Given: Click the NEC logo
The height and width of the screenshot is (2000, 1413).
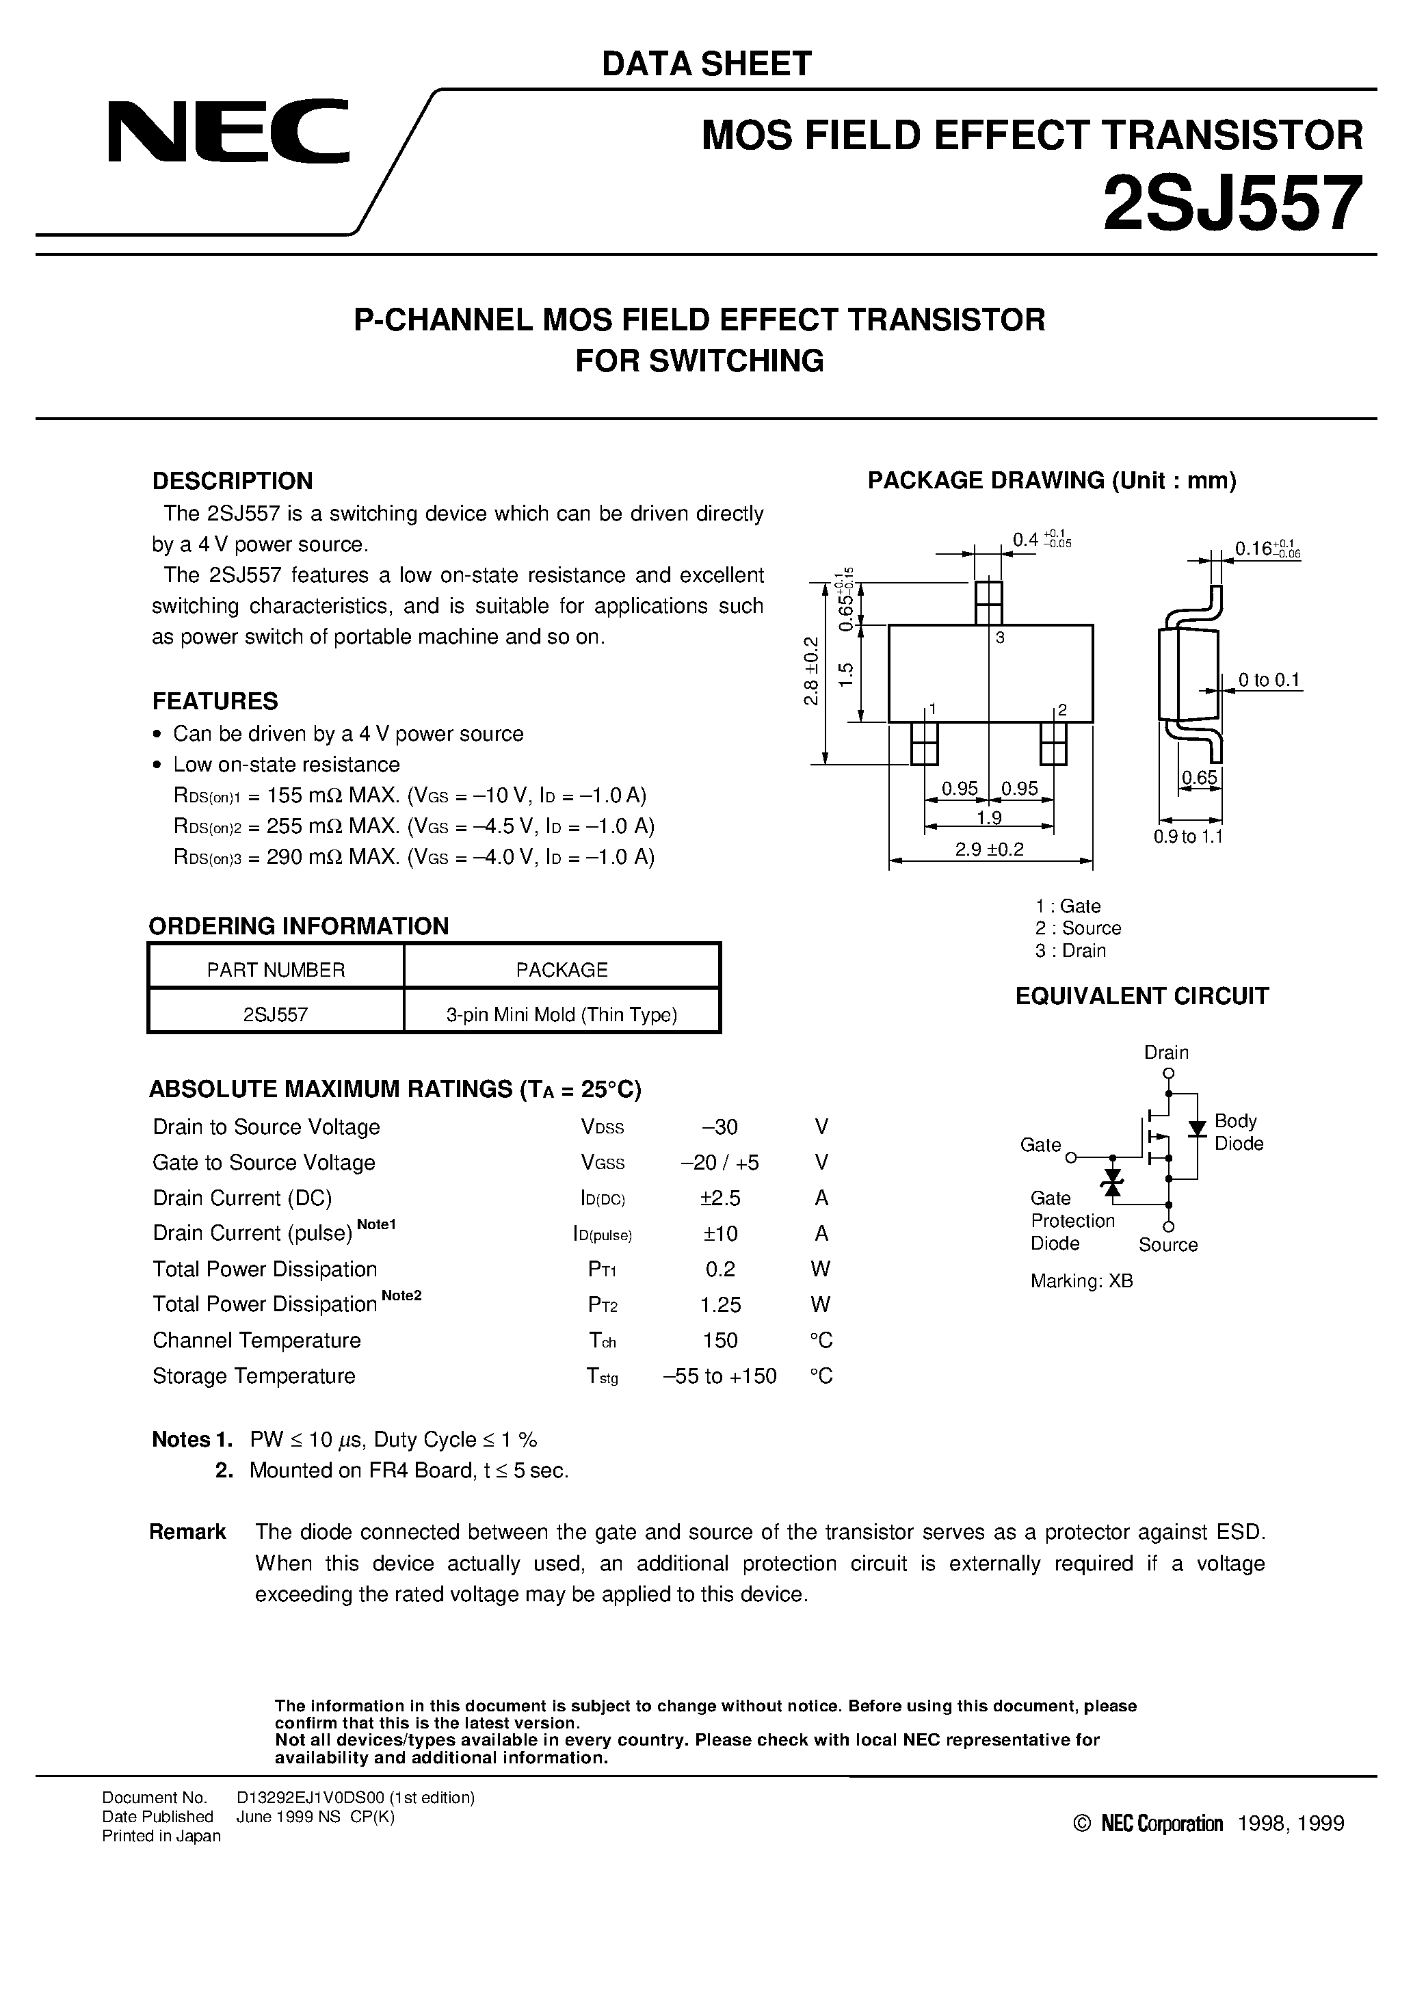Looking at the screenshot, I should [228, 131].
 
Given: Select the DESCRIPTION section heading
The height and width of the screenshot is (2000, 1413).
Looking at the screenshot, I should [232, 481].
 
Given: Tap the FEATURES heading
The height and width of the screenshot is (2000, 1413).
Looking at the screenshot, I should [215, 701].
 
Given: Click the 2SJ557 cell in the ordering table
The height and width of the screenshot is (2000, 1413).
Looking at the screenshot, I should [276, 1014].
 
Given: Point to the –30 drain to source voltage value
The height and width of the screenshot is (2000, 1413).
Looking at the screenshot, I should [719, 1127].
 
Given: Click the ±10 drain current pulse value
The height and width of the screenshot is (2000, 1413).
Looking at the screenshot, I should [720, 1233].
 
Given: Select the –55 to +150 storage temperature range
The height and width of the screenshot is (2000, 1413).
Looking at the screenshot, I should [719, 1376].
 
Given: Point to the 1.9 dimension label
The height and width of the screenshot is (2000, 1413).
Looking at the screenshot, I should [989, 818].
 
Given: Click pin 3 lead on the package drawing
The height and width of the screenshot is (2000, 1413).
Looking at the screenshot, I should [989, 602].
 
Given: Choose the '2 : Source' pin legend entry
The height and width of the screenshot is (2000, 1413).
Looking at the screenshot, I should [1078, 929].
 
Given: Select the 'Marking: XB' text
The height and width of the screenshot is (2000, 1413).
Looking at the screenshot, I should [1081, 1281].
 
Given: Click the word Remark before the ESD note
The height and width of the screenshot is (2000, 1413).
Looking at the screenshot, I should [187, 1532].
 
